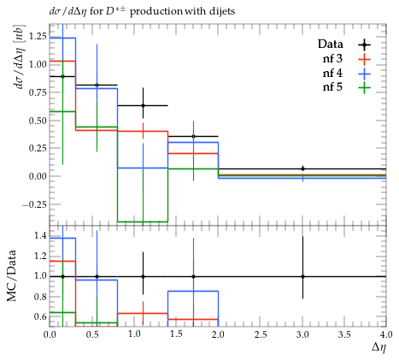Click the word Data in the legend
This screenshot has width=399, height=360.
(x=331, y=44)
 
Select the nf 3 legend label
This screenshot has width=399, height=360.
(x=332, y=59)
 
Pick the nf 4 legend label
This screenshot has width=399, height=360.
(x=332, y=74)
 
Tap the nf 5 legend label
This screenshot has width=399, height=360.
(x=332, y=87)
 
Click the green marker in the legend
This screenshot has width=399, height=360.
(x=364, y=87)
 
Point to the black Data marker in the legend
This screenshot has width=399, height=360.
(x=364, y=44)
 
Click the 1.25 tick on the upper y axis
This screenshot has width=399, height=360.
(x=37, y=36)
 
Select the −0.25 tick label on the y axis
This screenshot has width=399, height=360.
(x=33, y=204)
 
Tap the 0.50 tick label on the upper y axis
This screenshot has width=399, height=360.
(x=37, y=121)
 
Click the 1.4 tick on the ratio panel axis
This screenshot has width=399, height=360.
(x=40, y=236)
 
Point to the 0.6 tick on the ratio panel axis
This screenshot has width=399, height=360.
(x=40, y=316)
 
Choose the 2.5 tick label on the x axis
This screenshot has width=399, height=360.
(x=261, y=334)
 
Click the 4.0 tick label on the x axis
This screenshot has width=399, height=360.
(x=385, y=334)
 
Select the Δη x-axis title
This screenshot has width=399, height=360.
(x=378, y=347)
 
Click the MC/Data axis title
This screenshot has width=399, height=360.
(x=11, y=276)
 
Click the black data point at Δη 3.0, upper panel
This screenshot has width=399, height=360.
(x=302, y=168)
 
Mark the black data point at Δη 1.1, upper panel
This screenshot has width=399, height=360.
(x=143, y=105)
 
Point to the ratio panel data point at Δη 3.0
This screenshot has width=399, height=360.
(x=302, y=276)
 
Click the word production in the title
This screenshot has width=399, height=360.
(x=156, y=12)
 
